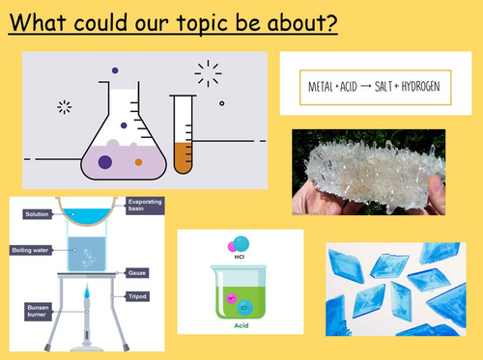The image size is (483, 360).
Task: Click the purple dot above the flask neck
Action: point(115,69)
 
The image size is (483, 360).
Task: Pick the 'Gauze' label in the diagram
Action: point(136,273)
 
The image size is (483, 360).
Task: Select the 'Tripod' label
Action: point(138,290)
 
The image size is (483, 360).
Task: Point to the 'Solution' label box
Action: point(37,213)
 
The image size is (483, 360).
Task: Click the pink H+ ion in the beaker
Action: point(227,288)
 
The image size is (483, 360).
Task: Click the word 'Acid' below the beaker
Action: point(241,326)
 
